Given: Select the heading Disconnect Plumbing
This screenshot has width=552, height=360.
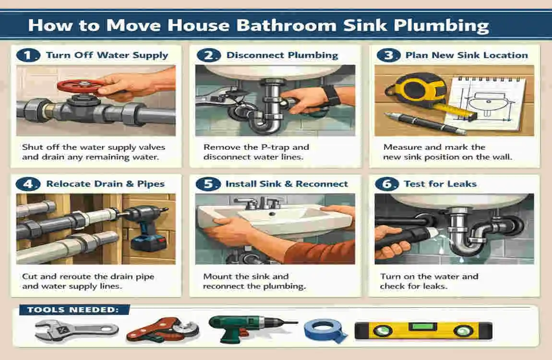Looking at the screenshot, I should pos(282,55).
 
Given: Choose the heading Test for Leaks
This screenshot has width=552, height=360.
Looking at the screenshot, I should pos(440,184).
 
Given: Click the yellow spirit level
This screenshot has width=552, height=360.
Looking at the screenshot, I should pos(423,330).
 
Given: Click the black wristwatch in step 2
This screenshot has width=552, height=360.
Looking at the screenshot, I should pos(331,95).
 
